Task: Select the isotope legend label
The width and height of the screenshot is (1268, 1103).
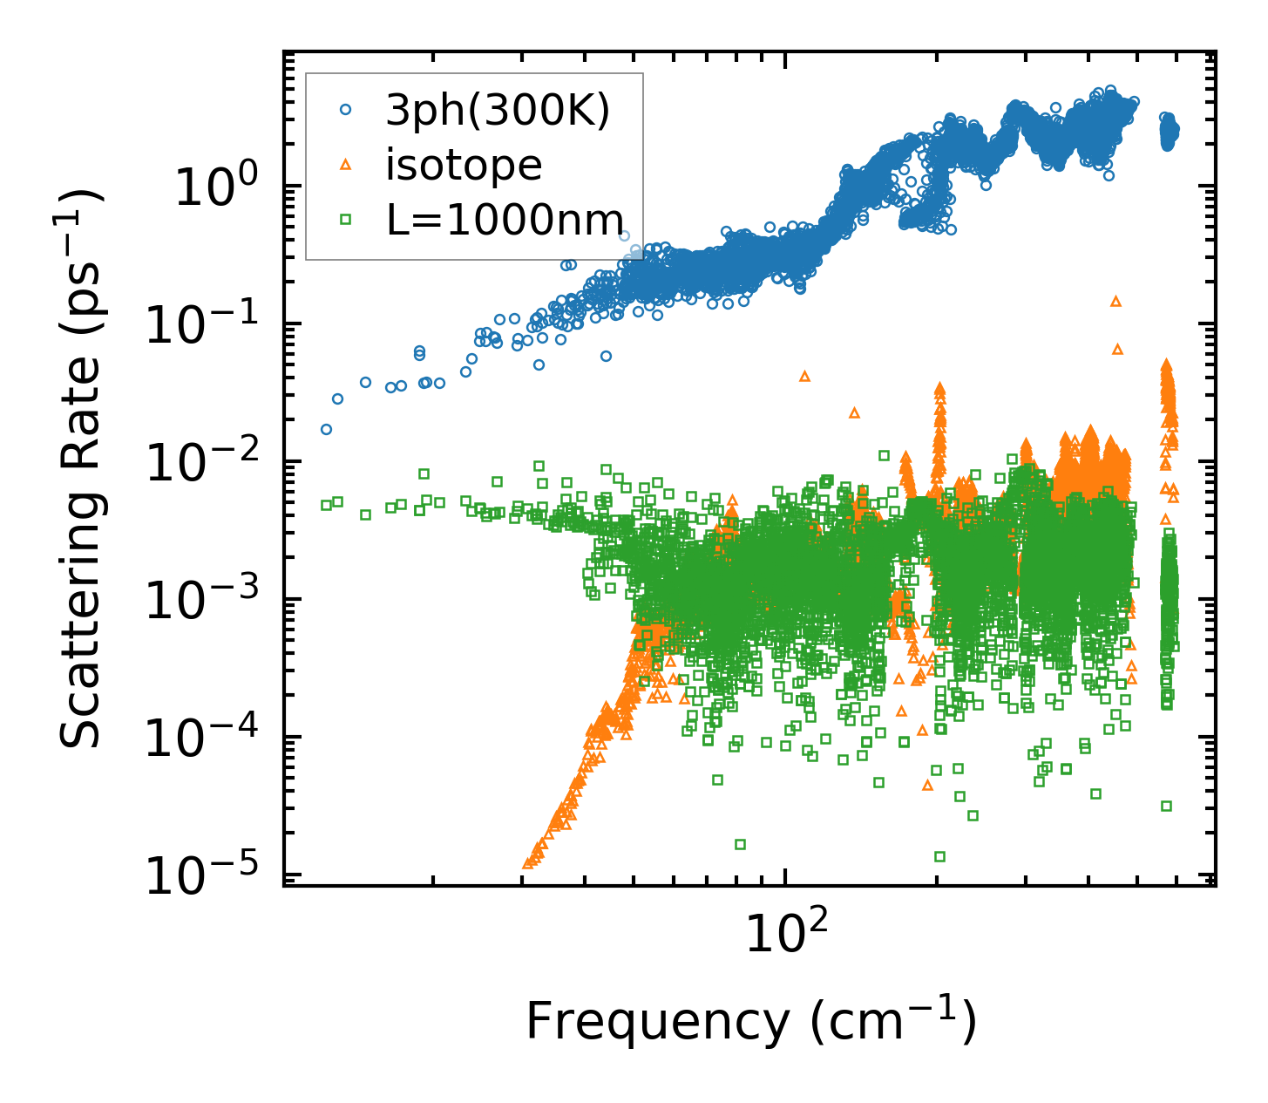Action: pos(464,165)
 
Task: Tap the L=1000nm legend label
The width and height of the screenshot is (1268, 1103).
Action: pos(505,221)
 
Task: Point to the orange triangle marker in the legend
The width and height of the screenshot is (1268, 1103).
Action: pos(346,165)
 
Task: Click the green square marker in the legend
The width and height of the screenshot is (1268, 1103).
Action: pos(346,221)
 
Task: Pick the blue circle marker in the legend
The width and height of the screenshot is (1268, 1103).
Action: pos(346,110)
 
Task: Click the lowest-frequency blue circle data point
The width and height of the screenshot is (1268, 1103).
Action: pos(326,429)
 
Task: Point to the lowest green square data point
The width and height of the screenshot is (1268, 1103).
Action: pos(939,856)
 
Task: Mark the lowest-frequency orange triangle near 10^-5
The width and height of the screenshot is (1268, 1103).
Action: pos(527,863)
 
